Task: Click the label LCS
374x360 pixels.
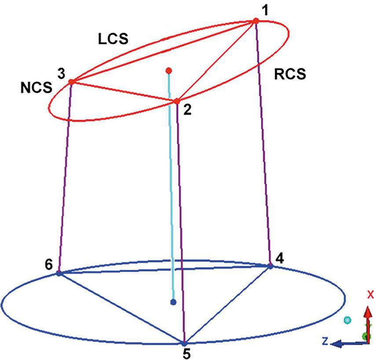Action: point(112,39)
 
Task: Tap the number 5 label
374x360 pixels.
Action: point(186,353)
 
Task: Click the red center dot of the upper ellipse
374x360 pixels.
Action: point(168,70)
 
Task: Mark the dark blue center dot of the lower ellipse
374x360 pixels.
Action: point(173,302)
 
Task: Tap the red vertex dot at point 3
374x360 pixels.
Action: point(71,82)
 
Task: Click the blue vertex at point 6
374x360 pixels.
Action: point(59,273)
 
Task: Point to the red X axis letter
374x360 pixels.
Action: point(370,294)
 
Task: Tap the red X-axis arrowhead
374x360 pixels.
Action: point(367,310)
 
